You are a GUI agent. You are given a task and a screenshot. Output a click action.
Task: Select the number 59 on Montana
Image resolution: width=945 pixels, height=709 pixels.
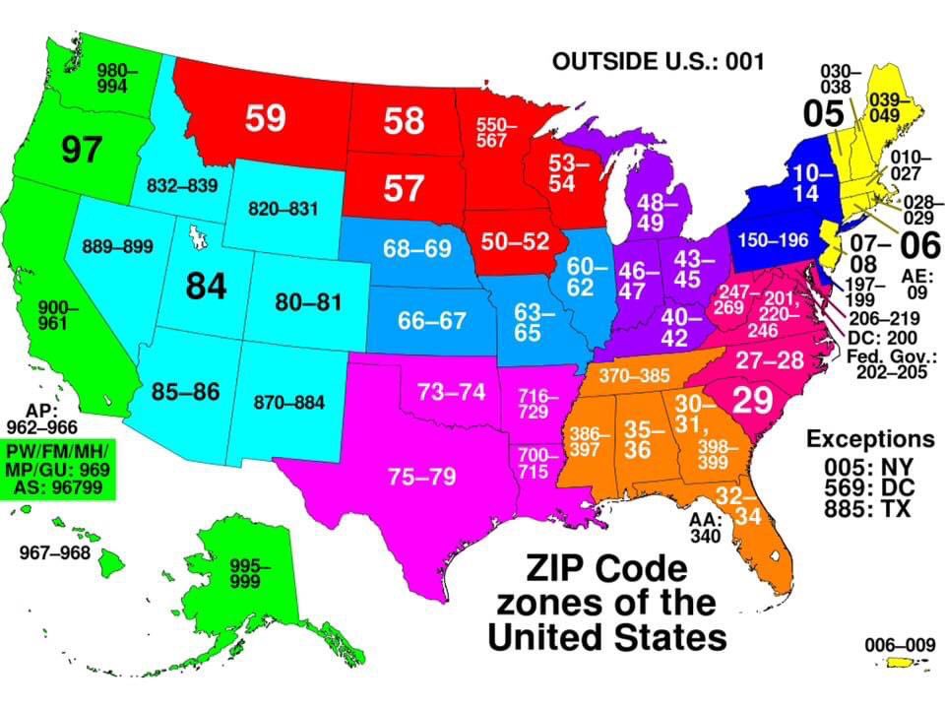[x=266, y=118]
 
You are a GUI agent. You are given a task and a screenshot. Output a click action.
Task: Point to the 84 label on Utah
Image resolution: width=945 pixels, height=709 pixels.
[x=207, y=286]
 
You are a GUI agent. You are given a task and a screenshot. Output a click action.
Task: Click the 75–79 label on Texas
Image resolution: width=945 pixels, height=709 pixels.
[x=421, y=478]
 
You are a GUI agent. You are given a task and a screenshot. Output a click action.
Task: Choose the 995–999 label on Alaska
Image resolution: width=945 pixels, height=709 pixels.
[x=249, y=573]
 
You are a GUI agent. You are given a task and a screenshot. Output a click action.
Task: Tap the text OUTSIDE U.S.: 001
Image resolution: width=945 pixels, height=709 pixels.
[x=659, y=62]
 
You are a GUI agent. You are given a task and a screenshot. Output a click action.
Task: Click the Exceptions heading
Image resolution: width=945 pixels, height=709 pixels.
[x=870, y=438]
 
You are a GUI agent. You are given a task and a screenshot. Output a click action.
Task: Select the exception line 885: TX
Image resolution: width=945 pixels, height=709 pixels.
[x=870, y=509]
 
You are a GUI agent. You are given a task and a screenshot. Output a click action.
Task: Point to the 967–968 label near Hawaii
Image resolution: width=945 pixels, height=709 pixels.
[x=54, y=552]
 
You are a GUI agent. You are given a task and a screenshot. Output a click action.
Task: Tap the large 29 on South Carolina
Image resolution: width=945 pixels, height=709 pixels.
[x=752, y=401]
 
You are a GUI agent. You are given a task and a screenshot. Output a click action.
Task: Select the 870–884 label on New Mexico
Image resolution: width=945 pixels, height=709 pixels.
[x=289, y=402]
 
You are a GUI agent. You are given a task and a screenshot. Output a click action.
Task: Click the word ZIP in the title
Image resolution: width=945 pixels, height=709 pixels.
[x=558, y=568]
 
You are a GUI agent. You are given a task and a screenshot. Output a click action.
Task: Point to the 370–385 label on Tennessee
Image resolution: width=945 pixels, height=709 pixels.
[x=634, y=375]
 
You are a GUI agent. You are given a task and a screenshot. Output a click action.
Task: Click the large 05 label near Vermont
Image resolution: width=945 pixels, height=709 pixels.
[x=823, y=113]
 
